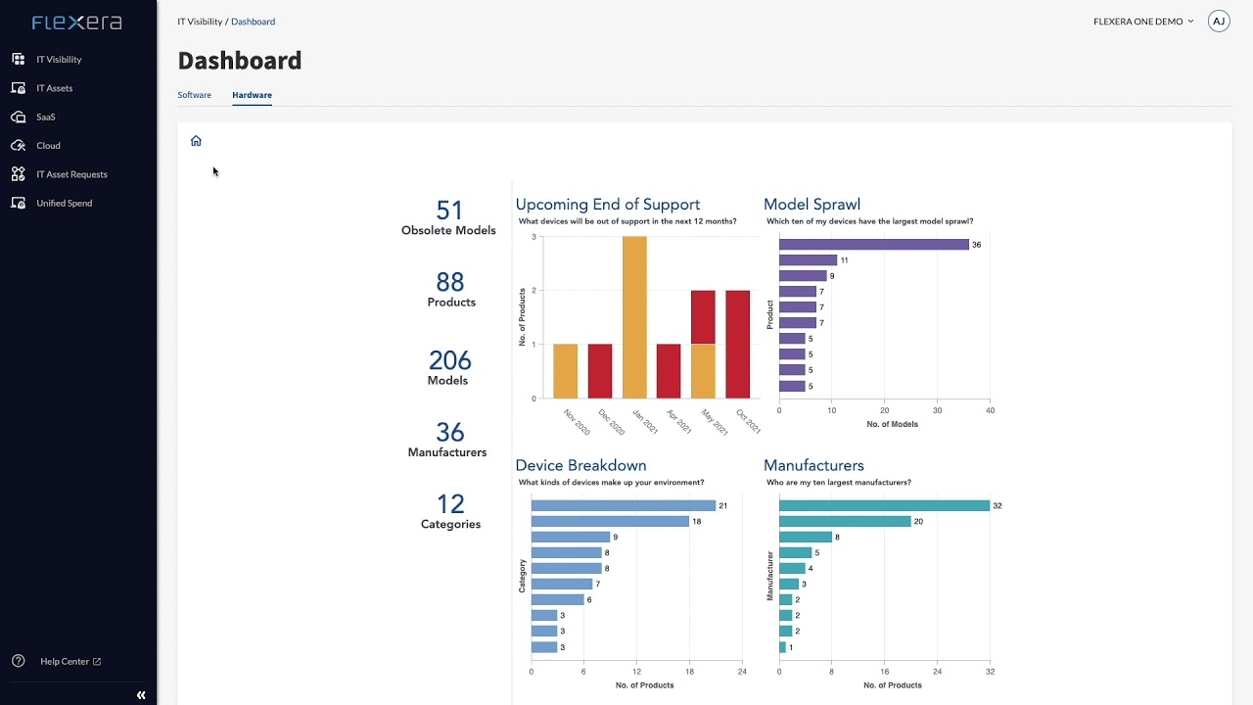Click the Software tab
tap(194, 95)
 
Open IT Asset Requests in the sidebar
tap(71, 174)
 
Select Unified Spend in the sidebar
tap(64, 203)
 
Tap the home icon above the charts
tap(196, 141)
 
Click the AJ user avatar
tap(1219, 22)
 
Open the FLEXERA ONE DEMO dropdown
tap(1142, 22)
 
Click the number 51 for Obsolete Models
tap(449, 211)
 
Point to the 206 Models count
tap(449, 360)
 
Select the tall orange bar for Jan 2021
tap(634, 317)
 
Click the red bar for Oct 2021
tap(737, 344)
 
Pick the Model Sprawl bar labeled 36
tap(873, 245)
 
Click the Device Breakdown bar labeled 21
tap(623, 505)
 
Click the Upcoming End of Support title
tap(608, 205)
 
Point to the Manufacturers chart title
tap(813, 465)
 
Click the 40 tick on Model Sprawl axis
tap(990, 410)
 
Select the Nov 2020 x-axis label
tap(577, 422)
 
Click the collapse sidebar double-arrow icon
tap(141, 695)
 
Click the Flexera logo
tap(77, 23)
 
